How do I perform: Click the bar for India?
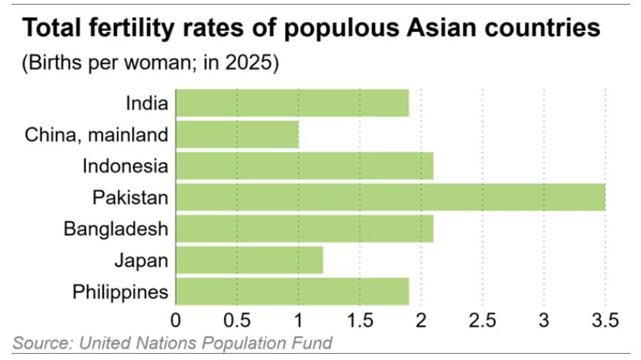[x=292, y=103]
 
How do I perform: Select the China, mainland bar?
[x=237, y=135]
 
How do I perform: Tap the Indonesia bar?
[x=304, y=166]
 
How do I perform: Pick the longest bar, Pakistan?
[x=390, y=197]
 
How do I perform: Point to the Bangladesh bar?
[x=304, y=229]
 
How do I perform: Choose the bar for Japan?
[x=249, y=260]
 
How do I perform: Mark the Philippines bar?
[x=292, y=291]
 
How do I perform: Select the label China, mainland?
[x=96, y=135]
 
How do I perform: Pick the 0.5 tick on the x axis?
[x=237, y=317]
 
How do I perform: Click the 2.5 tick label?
[x=482, y=317]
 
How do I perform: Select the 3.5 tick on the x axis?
[x=604, y=317]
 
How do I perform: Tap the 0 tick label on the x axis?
[x=176, y=317]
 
